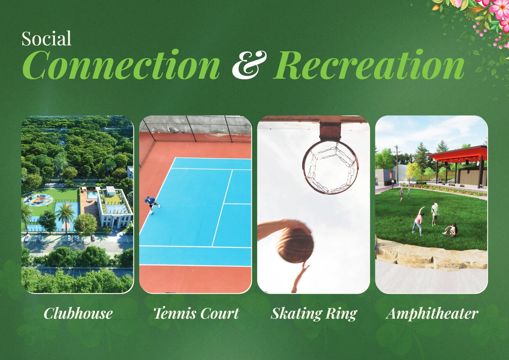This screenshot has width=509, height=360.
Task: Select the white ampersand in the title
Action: [x=249, y=65]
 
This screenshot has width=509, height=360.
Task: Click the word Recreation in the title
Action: [x=369, y=65]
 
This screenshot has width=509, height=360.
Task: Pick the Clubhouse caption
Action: [x=78, y=313]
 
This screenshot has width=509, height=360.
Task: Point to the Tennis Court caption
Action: [x=196, y=313]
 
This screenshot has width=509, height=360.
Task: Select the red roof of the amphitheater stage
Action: [x=456, y=154]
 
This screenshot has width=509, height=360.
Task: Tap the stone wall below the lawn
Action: [x=431, y=255]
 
